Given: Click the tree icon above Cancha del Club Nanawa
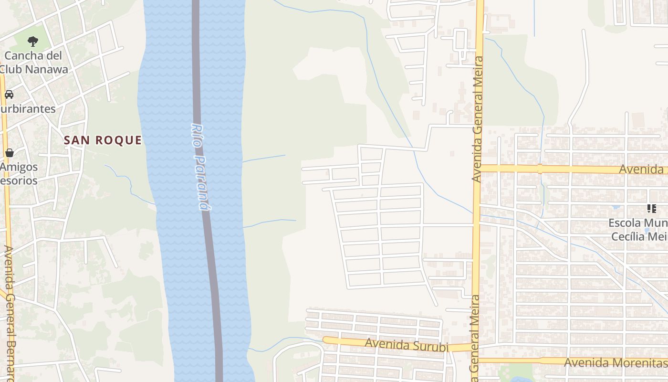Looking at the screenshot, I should point(32,42).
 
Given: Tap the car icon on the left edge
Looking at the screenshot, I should point(9,94).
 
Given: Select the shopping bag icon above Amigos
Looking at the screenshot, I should point(9,153).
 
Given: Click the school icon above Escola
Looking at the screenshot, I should point(651,208).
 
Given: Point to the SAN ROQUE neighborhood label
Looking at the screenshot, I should point(103,140).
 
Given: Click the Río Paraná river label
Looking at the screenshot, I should point(200,167).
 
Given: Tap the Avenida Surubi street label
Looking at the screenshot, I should point(407,345).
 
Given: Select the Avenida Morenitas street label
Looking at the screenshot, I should point(616,362).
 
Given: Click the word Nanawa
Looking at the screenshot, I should point(46,69).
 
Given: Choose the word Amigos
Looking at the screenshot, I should point(19,167).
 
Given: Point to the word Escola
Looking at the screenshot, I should point(626,223).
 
